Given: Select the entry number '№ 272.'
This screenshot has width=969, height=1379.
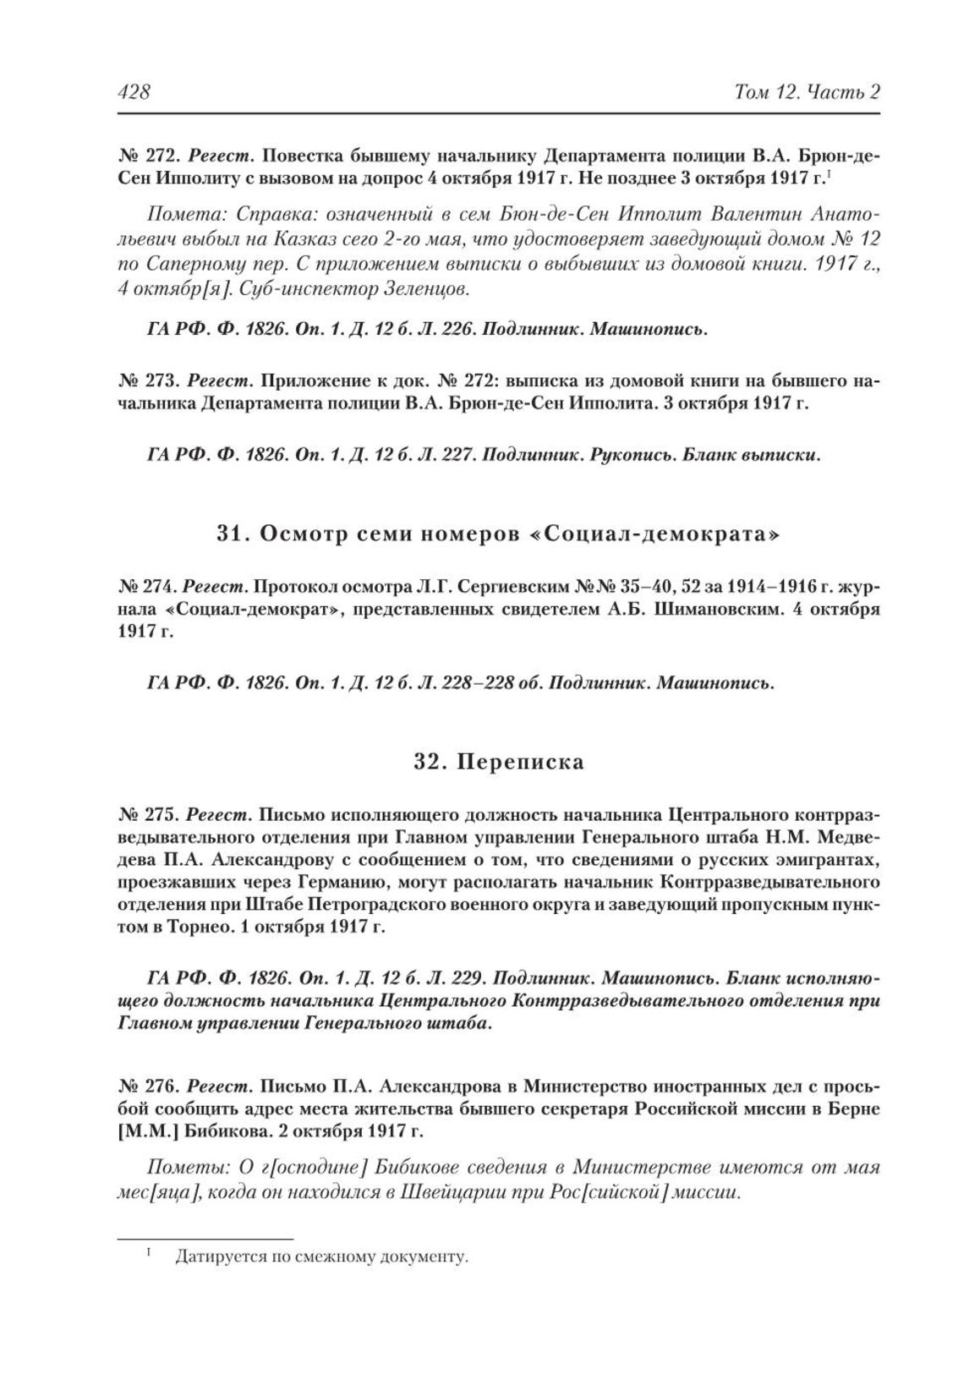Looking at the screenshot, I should [x=147, y=156].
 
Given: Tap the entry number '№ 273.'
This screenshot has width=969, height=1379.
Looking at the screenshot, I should [x=147, y=380].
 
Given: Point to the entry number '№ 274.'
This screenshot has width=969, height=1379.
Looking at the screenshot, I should [x=147, y=585].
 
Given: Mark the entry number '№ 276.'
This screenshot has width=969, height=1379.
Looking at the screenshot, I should [x=147, y=1086].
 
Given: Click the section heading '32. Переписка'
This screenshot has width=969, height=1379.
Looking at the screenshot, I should [x=499, y=762].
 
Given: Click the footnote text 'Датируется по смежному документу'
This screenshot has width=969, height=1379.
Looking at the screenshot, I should [x=321, y=1257].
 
